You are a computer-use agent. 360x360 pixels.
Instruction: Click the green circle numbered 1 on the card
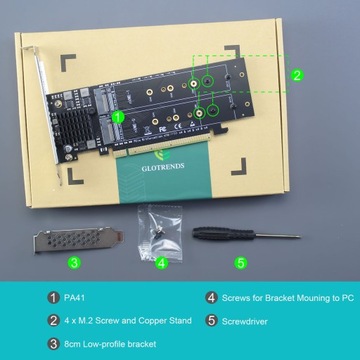pyautogui.click(x=120, y=116)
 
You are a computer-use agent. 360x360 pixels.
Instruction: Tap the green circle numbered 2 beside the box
pyautogui.click(x=297, y=74)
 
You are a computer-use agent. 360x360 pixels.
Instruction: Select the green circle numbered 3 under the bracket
pyautogui.click(x=73, y=263)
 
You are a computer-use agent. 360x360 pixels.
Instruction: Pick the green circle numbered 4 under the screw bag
pyautogui.click(x=162, y=263)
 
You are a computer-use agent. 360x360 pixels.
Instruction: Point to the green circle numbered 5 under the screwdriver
pyautogui.click(x=240, y=263)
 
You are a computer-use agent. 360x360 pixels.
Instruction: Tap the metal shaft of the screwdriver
pyautogui.click(x=270, y=235)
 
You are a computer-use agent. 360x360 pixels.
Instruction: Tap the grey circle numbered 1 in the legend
pyautogui.click(x=53, y=297)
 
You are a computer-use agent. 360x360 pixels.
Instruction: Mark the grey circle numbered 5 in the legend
pyautogui.click(x=212, y=320)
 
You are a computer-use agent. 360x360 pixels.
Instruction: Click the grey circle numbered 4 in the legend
pyautogui.click(x=212, y=297)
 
